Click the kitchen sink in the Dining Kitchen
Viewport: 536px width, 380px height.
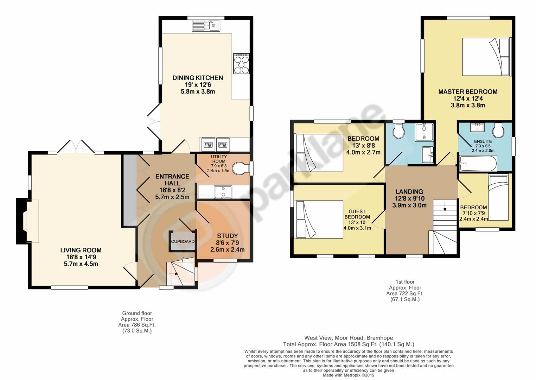[x=206, y=25]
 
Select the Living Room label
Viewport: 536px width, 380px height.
[x=81, y=250]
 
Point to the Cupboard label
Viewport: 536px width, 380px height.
[x=183, y=241]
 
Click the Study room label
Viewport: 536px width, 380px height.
[x=227, y=236]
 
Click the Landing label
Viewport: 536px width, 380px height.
[x=409, y=192]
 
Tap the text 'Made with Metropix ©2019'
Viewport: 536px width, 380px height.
[x=349, y=375]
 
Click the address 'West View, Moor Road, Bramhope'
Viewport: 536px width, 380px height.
[x=349, y=338]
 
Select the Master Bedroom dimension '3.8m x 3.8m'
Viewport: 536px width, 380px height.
[x=468, y=105]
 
